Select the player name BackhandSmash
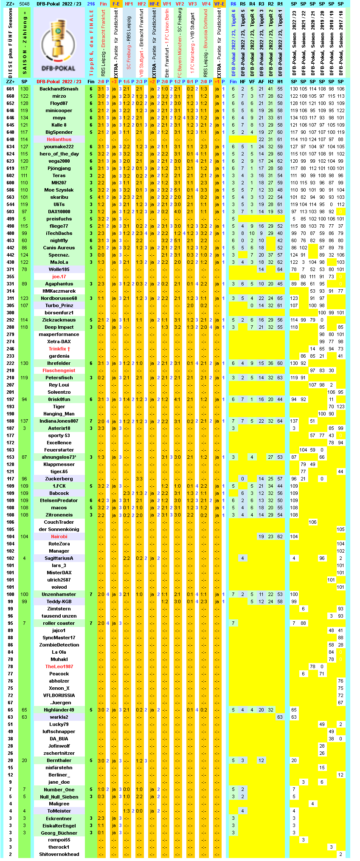(x=59, y=89)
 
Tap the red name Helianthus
(x=59, y=139)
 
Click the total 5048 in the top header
(x=25, y=4)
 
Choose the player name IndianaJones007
(x=59, y=421)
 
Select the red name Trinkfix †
(x=59, y=349)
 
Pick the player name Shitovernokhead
(x=59, y=854)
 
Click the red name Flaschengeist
(x=59, y=370)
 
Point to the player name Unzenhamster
(x=59, y=594)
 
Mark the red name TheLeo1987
(x=59, y=666)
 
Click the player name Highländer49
(x=59, y=710)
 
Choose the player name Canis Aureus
(x=59, y=248)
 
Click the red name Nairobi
(x=59, y=536)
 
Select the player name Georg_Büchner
(x=59, y=833)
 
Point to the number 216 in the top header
(x=91, y=4)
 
